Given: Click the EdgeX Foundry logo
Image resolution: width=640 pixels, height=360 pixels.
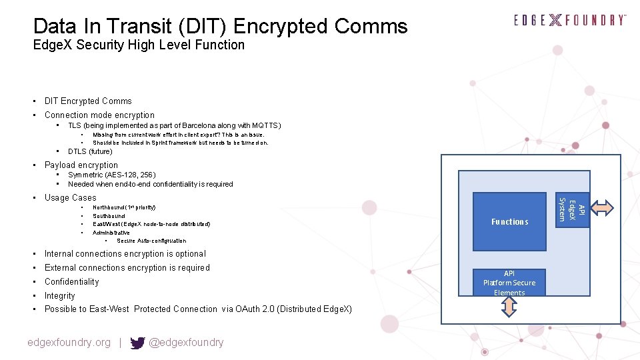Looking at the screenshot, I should pos(570,21).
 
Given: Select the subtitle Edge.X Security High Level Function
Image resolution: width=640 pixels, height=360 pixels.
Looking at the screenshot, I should pos(139,45).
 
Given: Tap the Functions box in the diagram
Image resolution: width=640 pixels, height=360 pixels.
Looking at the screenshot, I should pos(509,221).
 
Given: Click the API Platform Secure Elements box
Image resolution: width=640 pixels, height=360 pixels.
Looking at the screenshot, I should pos(509,283).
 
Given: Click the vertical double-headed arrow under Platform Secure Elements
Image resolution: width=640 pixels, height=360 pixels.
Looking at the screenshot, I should pos(509,307).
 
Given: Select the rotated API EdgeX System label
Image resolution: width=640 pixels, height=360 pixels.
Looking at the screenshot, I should pos(571,209).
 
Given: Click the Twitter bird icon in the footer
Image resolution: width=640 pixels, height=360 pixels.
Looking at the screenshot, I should pos(137,343).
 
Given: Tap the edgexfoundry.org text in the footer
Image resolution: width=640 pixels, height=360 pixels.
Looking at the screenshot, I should pos(69,343).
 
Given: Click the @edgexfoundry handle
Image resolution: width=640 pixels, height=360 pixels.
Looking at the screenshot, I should pos(186,343).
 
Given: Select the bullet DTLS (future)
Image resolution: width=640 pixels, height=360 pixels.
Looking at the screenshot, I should pos(90,151).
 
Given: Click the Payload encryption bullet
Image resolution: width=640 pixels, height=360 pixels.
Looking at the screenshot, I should pos(81,165).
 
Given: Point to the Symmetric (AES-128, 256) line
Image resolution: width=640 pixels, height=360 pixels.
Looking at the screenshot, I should pos(111,175).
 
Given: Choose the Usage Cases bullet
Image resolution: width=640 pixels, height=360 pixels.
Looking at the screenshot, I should pos(70,198).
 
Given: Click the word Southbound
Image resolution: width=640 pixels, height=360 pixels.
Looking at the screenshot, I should pos(109,216).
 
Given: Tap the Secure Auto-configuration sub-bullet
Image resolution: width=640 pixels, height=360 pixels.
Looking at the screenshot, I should pos(151,241).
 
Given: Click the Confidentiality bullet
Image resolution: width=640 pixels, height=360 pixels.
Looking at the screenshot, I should pos(71,282).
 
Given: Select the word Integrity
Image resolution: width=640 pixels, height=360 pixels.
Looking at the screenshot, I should pos(59,296).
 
